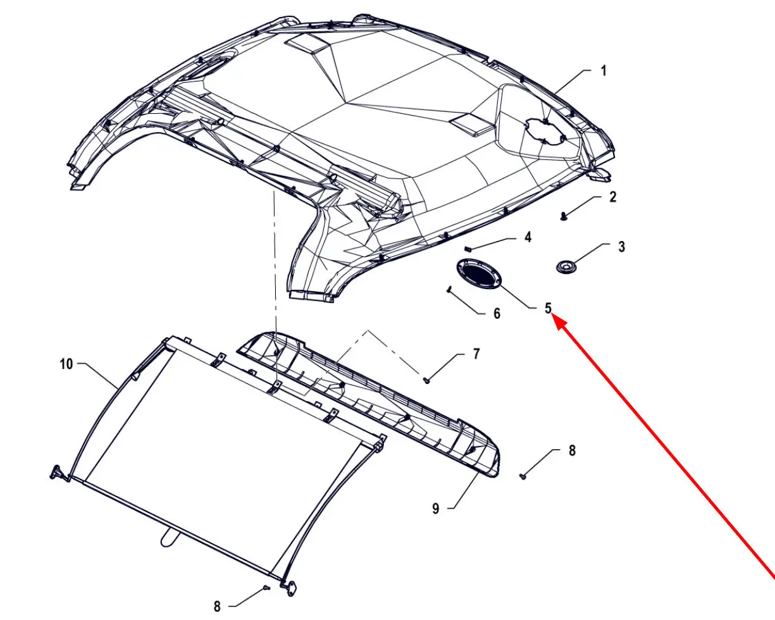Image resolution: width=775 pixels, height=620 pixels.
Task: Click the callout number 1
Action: point(604,71)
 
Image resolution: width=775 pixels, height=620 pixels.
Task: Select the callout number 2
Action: point(612,197)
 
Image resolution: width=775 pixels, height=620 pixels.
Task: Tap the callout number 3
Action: point(622,247)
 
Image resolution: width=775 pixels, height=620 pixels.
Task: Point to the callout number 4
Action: point(528,237)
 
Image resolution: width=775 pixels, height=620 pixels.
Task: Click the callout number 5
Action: point(548,308)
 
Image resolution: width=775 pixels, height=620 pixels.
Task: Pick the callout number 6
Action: point(497,314)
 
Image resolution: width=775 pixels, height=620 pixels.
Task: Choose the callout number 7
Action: point(476,354)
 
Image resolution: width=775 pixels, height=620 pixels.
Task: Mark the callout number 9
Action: point(436,509)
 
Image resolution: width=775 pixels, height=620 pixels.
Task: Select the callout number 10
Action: point(66,364)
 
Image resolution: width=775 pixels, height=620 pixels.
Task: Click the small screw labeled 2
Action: point(564,216)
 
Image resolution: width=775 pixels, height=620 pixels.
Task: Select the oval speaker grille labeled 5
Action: point(479,275)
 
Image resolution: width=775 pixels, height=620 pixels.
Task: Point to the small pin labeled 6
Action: point(449,289)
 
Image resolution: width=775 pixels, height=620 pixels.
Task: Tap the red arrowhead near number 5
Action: point(556,319)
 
